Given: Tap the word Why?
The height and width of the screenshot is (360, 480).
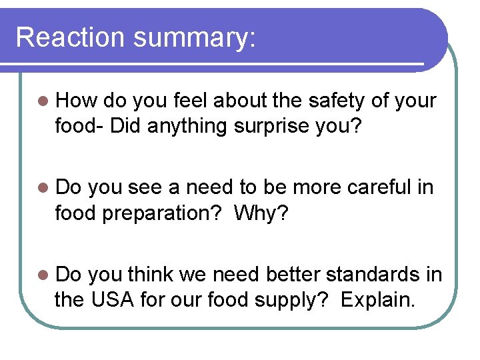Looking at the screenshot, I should point(267,213).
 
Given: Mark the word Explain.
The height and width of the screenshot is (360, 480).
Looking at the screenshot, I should point(377,300).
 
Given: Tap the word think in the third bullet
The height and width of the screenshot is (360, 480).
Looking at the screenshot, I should point(151,275).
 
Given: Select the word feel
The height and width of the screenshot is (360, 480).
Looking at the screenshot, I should point(190,101).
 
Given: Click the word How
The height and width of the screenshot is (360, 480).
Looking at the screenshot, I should point(77,101).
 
